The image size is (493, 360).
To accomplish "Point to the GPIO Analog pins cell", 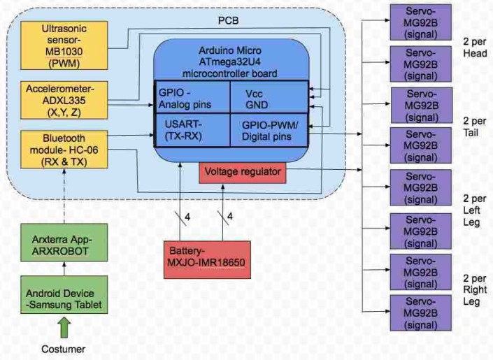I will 192,99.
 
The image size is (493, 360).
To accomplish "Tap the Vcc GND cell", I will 269,99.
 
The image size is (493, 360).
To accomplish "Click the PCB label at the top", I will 229,20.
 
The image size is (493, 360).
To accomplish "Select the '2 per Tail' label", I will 473,126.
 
